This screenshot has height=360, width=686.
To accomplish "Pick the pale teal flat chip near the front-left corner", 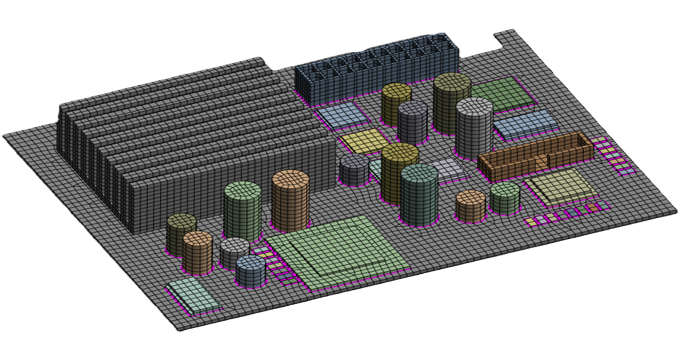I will tap(192, 296).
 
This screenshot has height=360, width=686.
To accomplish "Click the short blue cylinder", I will tap(250, 271).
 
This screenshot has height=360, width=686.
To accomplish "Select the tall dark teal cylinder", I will tap(419, 194).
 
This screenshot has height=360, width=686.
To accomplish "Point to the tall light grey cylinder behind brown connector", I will tap(474, 127).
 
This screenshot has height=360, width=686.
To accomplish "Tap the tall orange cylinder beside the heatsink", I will tap(290, 200).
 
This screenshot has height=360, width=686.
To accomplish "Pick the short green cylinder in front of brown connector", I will tap(505, 198).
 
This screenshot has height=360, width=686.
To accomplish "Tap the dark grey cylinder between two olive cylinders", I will tap(413, 122).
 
